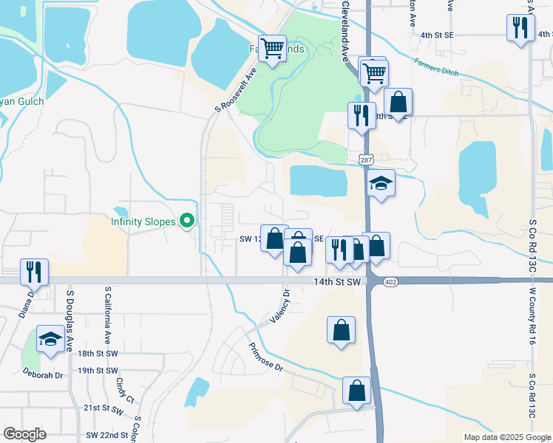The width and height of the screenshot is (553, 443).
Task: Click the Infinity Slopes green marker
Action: pyautogui.click(x=188, y=221)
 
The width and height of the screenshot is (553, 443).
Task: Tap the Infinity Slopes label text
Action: pyautogui.click(x=143, y=221)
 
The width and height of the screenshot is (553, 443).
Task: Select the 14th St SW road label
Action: pyautogui.click(x=336, y=282)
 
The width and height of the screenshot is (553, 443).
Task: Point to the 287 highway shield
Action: pyautogui.click(x=366, y=159)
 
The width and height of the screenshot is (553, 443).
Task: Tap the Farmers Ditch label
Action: pyautogui.click(x=436, y=69)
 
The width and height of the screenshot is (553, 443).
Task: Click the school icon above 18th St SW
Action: pyautogui.click(x=50, y=338)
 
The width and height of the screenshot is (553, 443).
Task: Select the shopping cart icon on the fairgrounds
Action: pyautogui.click(x=273, y=48)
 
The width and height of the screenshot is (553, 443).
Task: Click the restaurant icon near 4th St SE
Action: pyautogui.click(x=521, y=27)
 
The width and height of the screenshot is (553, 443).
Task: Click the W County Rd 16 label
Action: pyautogui.click(x=532, y=317)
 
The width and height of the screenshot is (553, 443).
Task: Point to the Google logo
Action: pyautogui.click(x=25, y=434)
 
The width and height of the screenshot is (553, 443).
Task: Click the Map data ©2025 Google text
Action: pyautogui.click(x=506, y=437)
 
